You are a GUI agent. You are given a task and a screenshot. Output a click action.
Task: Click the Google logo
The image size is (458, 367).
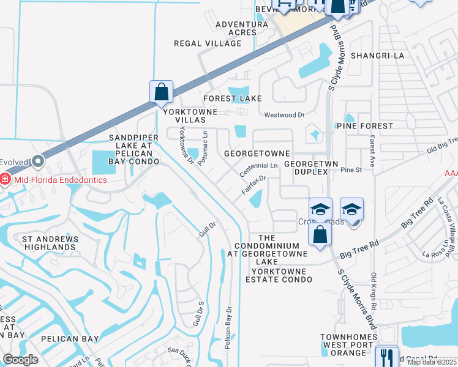pyautogui.click(x=20, y=360)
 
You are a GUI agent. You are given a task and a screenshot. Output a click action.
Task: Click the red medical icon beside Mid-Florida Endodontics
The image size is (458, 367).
pyautogui.click(x=6, y=180)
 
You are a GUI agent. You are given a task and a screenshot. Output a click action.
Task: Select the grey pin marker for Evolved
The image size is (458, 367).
pyautogui.click(x=38, y=162)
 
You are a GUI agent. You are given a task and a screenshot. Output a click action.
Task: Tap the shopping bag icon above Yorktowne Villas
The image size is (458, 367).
pyautogui.click(x=161, y=92)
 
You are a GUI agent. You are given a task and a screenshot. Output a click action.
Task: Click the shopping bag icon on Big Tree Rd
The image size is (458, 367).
pyautogui.click(x=320, y=234)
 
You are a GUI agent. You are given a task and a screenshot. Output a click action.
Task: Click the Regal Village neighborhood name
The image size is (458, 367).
pyautogui.click(x=208, y=43)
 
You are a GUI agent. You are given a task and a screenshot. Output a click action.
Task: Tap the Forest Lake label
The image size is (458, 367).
pyautogui.click(x=233, y=98)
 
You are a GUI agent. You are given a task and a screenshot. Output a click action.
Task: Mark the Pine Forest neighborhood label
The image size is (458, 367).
pyautogui.click(x=364, y=125)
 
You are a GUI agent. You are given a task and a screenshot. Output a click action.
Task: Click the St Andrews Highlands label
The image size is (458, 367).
pyautogui.click(x=48, y=242)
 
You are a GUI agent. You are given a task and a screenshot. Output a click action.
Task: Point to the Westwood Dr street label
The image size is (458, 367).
pyautogui.click(x=283, y=115)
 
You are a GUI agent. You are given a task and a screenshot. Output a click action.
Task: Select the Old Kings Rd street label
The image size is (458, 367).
pyautogui.click(x=374, y=287)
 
